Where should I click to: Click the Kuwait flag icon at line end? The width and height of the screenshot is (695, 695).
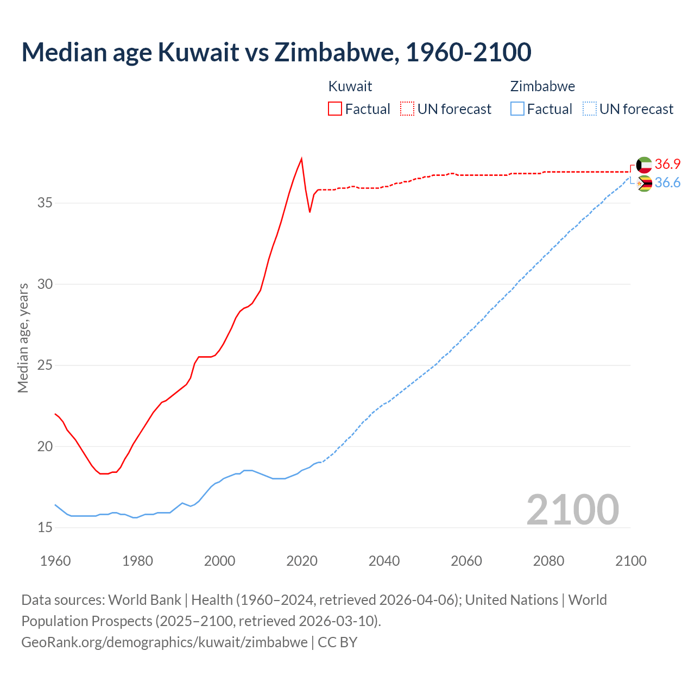click(644, 165)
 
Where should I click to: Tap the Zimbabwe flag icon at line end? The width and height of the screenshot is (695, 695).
click(644, 184)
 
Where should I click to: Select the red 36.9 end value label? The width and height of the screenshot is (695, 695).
click(667, 165)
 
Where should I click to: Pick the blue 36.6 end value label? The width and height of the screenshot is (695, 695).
click(667, 183)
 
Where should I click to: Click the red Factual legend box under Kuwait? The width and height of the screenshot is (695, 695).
click(335, 109)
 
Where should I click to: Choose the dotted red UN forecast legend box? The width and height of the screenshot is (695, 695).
click(407, 109)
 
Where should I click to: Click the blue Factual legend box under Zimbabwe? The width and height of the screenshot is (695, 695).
click(517, 109)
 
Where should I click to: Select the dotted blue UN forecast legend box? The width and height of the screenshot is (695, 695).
click(589, 109)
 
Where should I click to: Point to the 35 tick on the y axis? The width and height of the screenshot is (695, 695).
click(45, 203)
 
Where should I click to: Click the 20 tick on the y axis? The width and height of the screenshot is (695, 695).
click(45, 446)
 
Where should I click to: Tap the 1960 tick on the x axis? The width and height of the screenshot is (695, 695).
click(55, 561)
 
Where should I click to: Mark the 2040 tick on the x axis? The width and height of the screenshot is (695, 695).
click(384, 561)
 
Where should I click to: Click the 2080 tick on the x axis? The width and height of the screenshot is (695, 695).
click(548, 561)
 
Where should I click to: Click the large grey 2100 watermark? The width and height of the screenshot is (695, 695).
click(573, 509)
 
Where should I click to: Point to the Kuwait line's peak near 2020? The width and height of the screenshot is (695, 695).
click(301, 159)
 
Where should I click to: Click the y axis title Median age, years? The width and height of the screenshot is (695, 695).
click(23, 338)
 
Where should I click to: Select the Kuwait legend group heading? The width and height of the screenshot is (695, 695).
click(350, 86)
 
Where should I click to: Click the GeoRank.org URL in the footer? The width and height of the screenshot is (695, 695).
click(164, 642)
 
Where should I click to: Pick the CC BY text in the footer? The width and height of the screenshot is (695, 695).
click(337, 642)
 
